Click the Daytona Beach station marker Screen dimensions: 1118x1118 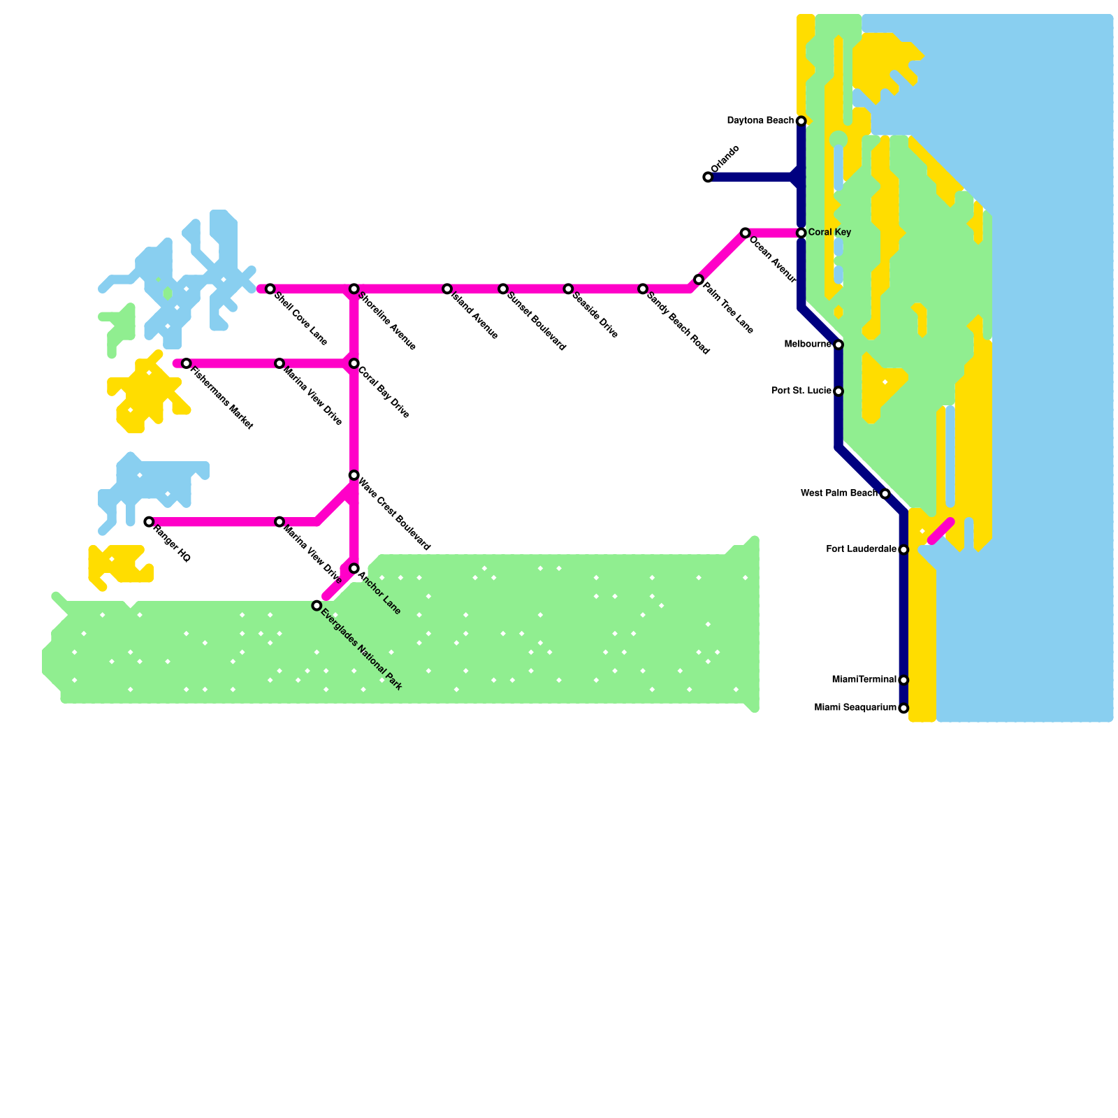(801, 122)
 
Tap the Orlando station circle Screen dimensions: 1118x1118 (708, 177)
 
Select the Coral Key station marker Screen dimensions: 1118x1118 (801, 233)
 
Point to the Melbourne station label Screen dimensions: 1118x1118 (808, 344)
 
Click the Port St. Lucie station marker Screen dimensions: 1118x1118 (838, 391)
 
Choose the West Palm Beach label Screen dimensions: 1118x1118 (838, 493)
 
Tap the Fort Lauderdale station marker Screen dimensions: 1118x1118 (903, 550)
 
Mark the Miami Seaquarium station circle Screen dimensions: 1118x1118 (903, 709)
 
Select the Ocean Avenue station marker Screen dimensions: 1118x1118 (746, 233)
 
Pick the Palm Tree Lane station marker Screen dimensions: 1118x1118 (699, 279)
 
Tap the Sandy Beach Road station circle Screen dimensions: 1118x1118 (643, 289)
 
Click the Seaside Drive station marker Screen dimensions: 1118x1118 (568, 289)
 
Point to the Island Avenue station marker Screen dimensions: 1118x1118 (447, 289)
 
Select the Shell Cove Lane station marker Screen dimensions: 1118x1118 (270, 289)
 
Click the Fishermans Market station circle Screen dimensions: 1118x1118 (187, 363)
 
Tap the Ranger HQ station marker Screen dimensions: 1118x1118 (149, 522)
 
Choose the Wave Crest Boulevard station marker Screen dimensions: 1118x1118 (354, 475)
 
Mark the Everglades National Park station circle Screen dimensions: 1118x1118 (317, 606)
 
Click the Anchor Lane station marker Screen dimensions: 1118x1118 (354, 569)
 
